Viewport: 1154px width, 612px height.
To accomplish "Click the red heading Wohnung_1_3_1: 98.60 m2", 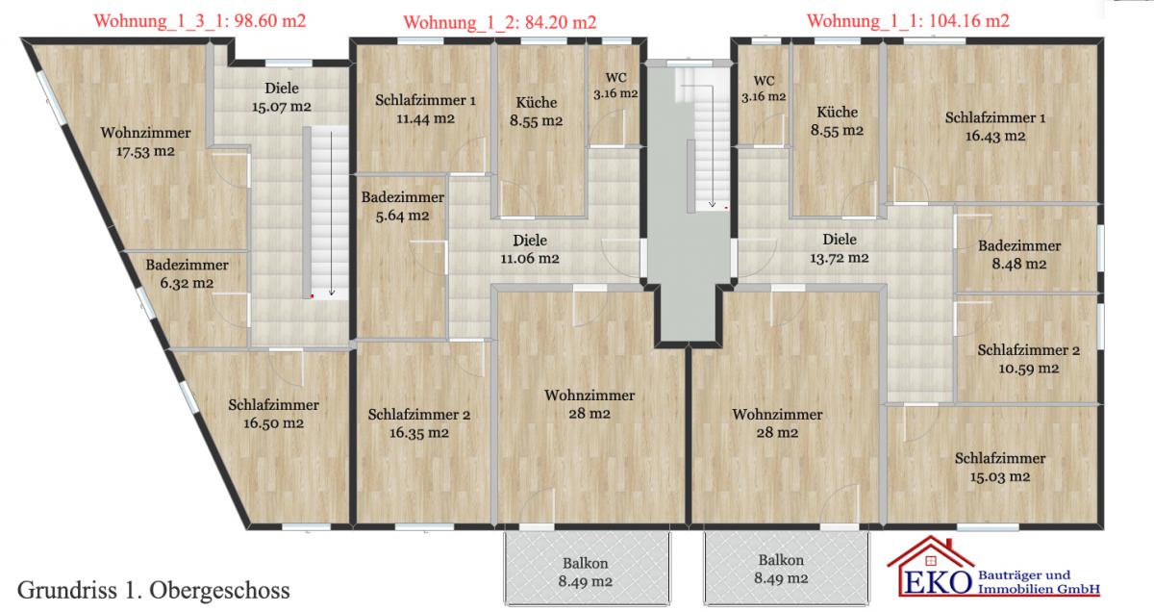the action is pos(200,21).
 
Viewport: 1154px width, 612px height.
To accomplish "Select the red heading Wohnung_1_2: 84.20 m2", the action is pos(500,23).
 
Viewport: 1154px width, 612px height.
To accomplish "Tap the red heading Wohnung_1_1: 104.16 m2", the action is pos(908,21).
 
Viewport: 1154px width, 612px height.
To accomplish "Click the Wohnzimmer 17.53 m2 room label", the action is pos(146,141).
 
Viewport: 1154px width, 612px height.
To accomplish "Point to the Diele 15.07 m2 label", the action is pos(281,97).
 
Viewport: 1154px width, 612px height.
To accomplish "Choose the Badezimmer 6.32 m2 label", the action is pos(187,274).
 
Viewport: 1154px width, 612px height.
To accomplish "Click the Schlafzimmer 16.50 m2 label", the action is pos(273,414).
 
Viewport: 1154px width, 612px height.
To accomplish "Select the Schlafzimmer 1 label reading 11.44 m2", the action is pos(425,110).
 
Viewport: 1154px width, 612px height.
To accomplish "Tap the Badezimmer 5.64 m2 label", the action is pos(402,206).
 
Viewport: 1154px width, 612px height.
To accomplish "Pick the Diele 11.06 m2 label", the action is pos(530,249).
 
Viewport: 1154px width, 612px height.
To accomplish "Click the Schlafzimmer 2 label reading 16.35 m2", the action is pos(419,423).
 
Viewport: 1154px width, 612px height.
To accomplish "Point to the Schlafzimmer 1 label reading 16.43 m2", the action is pos(995,127).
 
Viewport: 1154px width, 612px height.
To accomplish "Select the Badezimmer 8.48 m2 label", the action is pos(1019,255).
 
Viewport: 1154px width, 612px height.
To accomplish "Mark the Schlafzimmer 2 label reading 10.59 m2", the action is pos(1029,359).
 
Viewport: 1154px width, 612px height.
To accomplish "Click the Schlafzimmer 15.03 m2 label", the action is pos(1000,468).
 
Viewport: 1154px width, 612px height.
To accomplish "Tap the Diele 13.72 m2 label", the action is pos(840,248).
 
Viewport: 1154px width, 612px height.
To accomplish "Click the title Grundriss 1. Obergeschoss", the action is pos(154,590).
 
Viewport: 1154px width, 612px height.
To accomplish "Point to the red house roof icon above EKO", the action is pos(931,551).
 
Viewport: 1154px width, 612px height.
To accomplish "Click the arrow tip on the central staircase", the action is pos(712,206).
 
